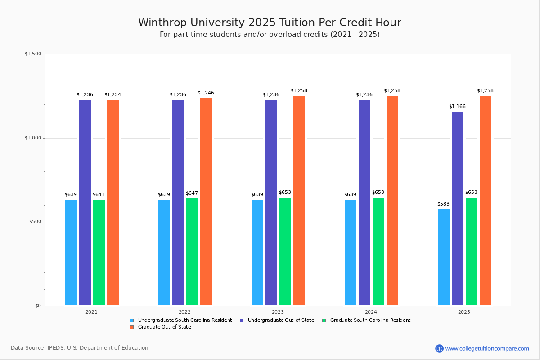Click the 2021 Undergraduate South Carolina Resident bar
tap(71, 252)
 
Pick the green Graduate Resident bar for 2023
tap(285, 252)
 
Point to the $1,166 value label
tap(457, 107)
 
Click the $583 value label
tap(443, 204)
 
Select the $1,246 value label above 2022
tap(206, 93)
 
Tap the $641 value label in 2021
tap(99, 195)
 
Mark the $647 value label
tap(192, 193)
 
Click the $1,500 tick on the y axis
tap(33, 54)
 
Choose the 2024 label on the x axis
tap(371, 312)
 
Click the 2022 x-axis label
tap(184, 312)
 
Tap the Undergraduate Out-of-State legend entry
tap(277, 320)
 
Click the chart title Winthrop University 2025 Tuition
tap(270, 22)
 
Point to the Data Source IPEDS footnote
tap(80, 348)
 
